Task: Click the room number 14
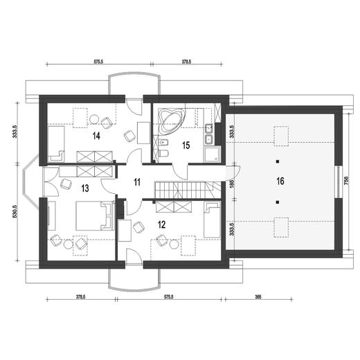[x=96, y=136]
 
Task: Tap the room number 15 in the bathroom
[x=186, y=145]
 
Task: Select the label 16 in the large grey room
[x=280, y=181]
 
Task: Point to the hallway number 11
[x=137, y=182]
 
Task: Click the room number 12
[x=162, y=224]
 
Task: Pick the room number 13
[x=85, y=188]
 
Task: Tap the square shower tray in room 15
[x=212, y=154]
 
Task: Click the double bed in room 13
[x=95, y=215]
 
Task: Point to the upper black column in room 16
[x=278, y=161]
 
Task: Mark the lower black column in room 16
[x=278, y=202]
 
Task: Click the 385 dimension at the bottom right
[x=258, y=297]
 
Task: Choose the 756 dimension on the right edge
[x=346, y=181]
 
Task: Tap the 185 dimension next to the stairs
[x=232, y=183]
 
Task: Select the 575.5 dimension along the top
[x=98, y=62]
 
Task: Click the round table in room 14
[x=94, y=119]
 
